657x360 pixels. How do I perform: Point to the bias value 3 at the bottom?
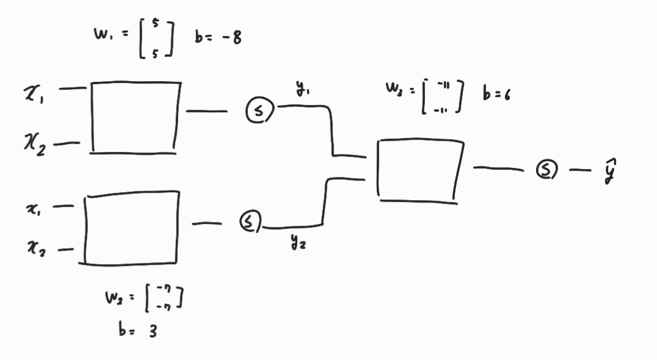150,331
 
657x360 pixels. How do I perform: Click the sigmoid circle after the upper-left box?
260,110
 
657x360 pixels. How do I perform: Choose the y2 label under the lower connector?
299,243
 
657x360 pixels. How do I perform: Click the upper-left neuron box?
135,117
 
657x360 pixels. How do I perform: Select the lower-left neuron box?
131,229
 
